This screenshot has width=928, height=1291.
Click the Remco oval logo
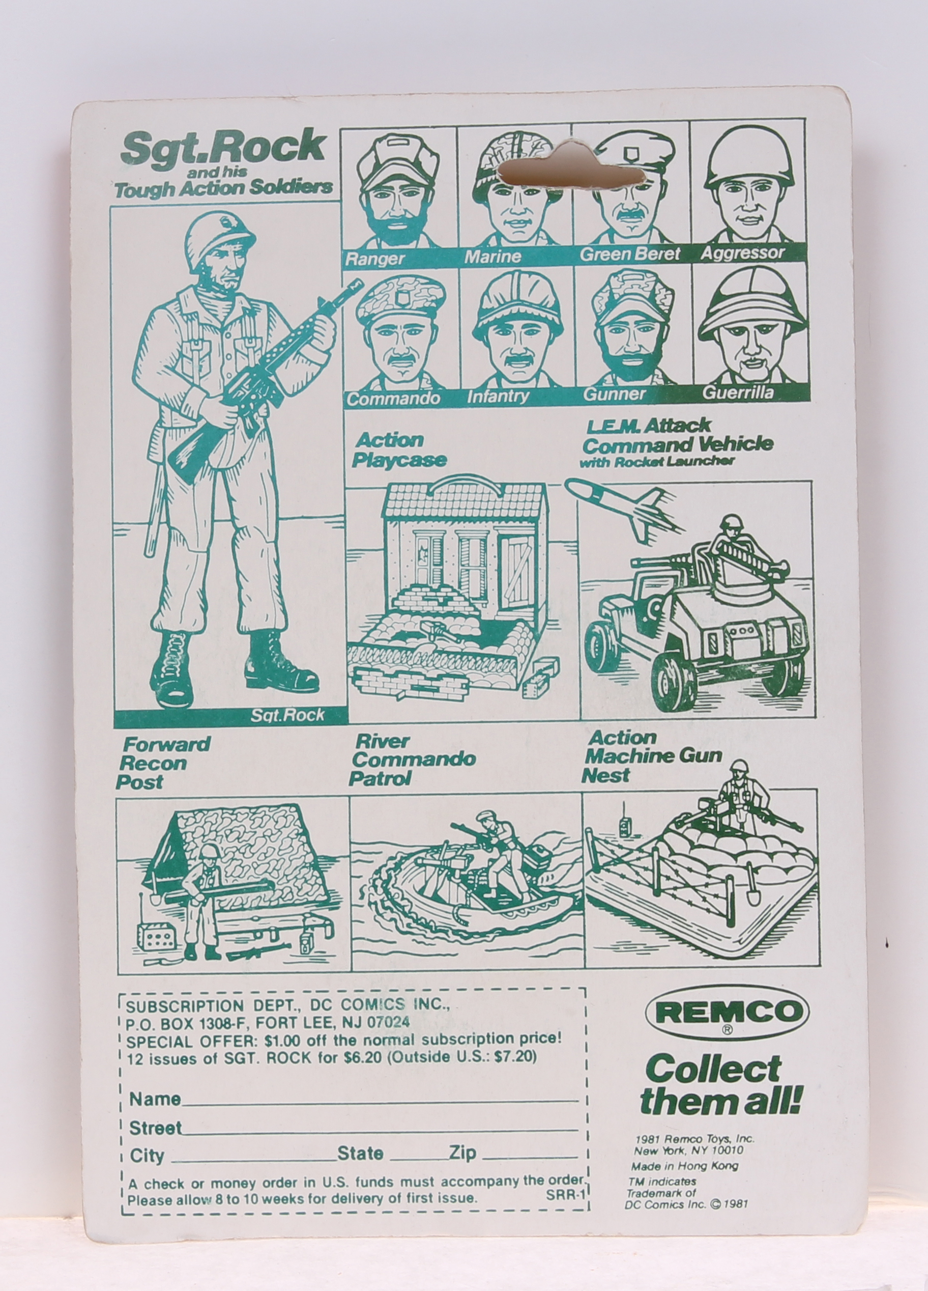[x=727, y=1011]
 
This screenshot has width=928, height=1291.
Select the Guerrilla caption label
[x=737, y=392]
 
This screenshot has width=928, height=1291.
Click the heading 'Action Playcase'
[x=398, y=450]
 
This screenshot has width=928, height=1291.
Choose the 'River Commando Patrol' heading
[x=413, y=760]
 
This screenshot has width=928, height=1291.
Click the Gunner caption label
[x=615, y=394]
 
